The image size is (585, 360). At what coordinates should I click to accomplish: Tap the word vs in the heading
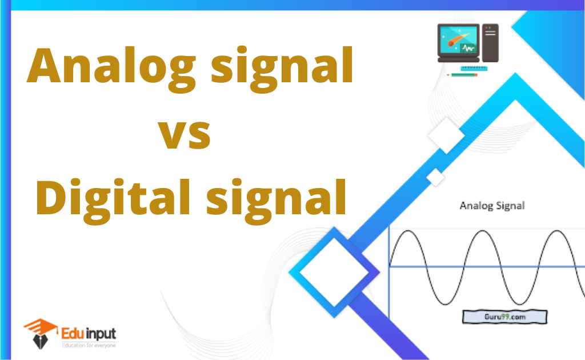pyautogui.click(x=185, y=134)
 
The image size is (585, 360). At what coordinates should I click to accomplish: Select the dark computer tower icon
pyautogui.click(x=490, y=43)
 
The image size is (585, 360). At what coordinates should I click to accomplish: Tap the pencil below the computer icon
pyautogui.click(x=462, y=75)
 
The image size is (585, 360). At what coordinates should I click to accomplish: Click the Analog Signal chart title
pyautogui.click(x=492, y=206)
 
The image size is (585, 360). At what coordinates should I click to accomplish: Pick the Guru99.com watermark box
pyautogui.click(x=505, y=317)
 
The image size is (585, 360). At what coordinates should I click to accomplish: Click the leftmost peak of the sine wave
pyautogui.click(x=408, y=231)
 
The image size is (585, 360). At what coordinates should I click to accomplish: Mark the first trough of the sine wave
pyautogui.click(x=445, y=303)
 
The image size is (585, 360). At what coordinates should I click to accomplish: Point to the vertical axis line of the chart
pyautogui.click(x=388, y=273)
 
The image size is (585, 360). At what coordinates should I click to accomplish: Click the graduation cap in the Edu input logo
pyautogui.click(x=41, y=326)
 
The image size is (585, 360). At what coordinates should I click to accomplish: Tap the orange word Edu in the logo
pyautogui.click(x=73, y=333)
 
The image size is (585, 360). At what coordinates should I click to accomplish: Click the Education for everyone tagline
pyautogui.click(x=89, y=346)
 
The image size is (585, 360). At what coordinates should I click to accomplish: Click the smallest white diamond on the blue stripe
pyautogui.click(x=435, y=177)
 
